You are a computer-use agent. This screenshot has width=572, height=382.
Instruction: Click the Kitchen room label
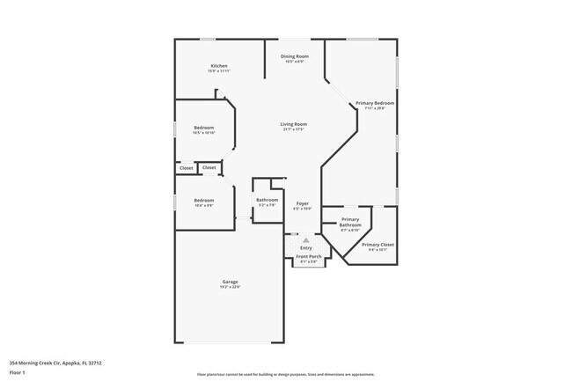[x=219, y=66]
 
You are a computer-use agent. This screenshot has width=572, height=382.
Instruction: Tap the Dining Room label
[x=294, y=56]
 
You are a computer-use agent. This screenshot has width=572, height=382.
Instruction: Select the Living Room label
[x=293, y=124]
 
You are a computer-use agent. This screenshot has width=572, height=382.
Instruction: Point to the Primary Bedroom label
[x=375, y=103]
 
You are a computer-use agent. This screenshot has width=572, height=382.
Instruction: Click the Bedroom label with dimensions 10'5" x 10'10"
[x=203, y=128]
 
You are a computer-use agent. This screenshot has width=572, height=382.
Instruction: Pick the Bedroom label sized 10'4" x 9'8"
[x=203, y=199]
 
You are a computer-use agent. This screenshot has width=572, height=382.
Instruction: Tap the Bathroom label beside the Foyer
[x=267, y=199]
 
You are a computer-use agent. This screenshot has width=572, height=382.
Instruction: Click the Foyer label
[x=302, y=203]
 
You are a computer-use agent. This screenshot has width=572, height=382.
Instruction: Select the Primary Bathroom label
[x=350, y=222]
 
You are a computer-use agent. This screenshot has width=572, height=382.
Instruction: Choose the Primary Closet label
[x=377, y=244]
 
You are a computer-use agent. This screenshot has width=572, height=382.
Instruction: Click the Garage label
[x=229, y=282]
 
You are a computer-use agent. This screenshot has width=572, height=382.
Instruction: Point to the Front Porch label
[x=307, y=257]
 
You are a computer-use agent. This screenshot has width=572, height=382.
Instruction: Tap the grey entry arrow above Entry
[x=305, y=239]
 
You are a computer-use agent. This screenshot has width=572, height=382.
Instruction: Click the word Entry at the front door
[x=305, y=248]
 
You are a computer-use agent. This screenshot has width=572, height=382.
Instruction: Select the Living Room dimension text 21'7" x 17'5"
[x=293, y=129]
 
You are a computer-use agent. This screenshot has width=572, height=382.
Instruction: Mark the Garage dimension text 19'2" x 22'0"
[x=229, y=287]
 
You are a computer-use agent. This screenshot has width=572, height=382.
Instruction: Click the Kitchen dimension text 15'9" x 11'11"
[x=219, y=71]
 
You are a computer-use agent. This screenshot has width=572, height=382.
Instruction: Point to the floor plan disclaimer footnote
[x=285, y=374]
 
